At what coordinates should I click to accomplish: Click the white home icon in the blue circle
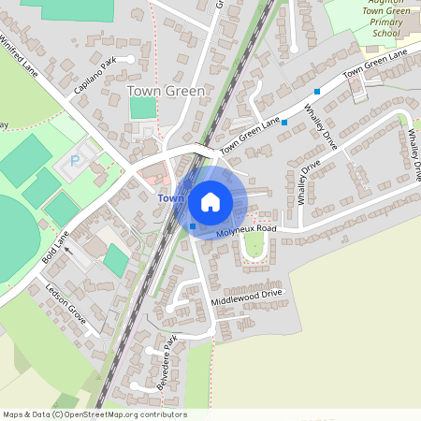210,202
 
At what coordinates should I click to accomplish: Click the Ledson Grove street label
66,304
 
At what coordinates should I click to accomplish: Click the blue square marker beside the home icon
193,225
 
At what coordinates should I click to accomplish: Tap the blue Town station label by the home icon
169,198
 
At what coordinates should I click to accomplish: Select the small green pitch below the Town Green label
143,108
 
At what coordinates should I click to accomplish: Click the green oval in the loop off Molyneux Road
253,246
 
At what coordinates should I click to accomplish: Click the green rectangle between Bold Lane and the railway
115,259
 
